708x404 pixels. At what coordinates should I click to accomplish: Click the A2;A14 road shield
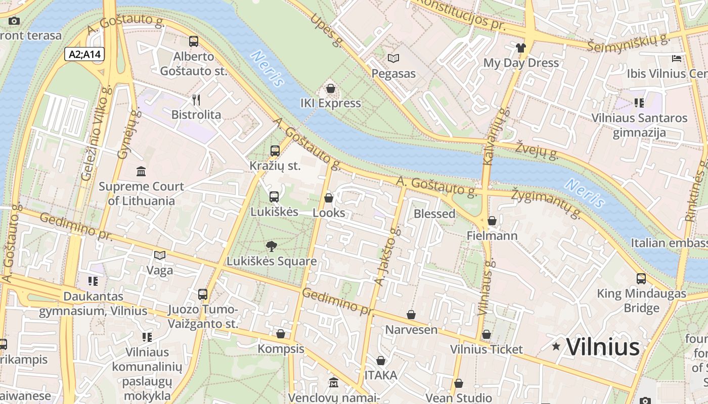point(84,54)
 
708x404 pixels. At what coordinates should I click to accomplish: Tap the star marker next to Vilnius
point(556,346)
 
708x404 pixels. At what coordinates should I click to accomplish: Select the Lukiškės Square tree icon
point(272,246)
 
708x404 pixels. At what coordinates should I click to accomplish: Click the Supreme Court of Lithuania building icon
point(141,172)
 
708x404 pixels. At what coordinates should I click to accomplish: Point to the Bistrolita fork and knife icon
point(196,99)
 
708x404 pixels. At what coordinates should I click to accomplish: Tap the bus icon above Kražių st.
point(275,150)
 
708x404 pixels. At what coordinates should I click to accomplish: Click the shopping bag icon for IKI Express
point(331,88)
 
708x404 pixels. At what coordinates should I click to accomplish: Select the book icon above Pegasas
point(393,59)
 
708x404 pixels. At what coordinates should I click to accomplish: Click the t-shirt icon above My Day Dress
point(521,48)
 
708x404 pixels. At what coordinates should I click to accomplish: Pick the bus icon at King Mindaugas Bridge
point(641,278)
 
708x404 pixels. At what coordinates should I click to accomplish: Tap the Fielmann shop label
point(492,236)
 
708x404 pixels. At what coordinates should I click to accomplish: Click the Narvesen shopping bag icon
point(411,315)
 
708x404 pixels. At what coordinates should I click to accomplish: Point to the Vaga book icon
point(160,256)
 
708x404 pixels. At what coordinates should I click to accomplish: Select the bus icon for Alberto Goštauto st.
point(194,41)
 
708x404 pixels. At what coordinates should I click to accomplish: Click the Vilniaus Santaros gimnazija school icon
point(639,103)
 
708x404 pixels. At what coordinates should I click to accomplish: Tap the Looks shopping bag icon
point(329,198)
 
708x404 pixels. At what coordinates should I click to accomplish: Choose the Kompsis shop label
point(281,349)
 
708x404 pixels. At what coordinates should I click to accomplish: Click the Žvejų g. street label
point(537,150)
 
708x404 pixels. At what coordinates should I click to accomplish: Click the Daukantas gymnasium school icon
point(93,281)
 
